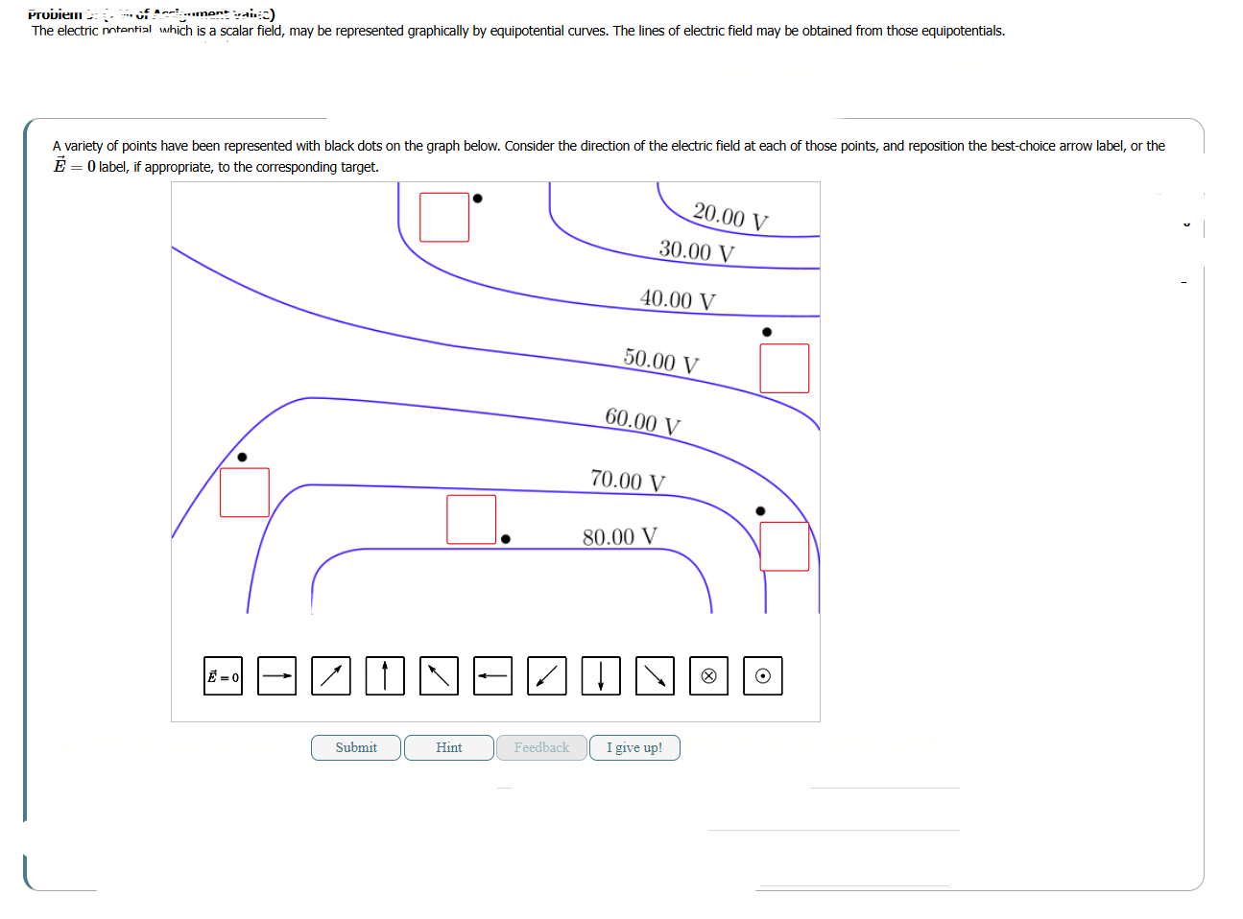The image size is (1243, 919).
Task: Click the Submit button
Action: pyautogui.click(x=356, y=747)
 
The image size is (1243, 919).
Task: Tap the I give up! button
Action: pyautogui.click(x=634, y=747)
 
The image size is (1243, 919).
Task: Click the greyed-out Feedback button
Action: pyautogui.click(x=541, y=747)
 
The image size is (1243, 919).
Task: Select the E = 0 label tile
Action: pyautogui.click(x=223, y=676)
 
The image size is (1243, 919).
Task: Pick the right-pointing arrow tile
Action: pyautogui.click(x=277, y=676)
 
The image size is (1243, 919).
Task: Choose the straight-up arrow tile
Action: pyautogui.click(x=385, y=676)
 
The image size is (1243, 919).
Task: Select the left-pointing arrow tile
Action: pyautogui.click(x=492, y=676)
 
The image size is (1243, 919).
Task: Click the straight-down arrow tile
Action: pyautogui.click(x=601, y=676)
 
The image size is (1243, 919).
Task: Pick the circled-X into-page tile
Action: pyautogui.click(x=708, y=676)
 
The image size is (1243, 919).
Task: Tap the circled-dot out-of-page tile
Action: pyautogui.click(x=762, y=676)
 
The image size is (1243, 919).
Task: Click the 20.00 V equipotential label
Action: pyautogui.click(x=730, y=216)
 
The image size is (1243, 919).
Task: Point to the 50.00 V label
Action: pyautogui.click(x=661, y=361)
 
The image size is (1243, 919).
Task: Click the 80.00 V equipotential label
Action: pyautogui.click(x=620, y=536)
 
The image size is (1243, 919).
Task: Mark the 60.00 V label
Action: pyautogui.click(x=642, y=421)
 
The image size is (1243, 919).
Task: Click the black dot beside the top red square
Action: pyautogui.click(x=478, y=199)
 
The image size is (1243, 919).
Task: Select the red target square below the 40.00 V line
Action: pyautogui.click(x=784, y=368)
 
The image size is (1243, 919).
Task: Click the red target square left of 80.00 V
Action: pyautogui.click(x=471, y=519)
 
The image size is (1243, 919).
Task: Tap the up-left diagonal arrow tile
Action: pyautogui.click(x=439, y=676)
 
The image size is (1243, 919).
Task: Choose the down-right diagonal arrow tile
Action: pyautogui.click(x=655, y=676)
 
